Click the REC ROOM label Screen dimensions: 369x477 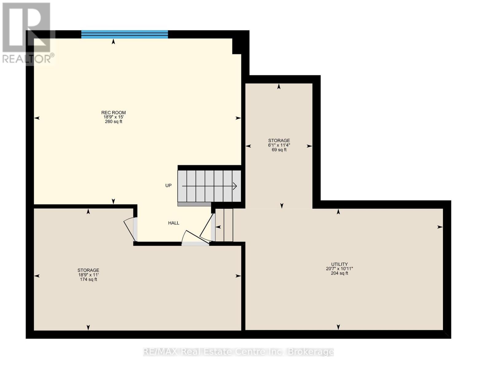[114, 113]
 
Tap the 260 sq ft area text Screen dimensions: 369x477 [114, 121]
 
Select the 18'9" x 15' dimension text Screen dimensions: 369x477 [114, 117]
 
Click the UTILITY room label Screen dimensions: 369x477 [339, 264]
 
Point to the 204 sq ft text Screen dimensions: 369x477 [339, 273]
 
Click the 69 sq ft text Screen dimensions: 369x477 [279, 150]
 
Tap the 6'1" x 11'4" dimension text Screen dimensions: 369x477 [279, 145]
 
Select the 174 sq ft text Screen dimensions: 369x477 [88, 280]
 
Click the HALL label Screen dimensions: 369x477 [174, 223]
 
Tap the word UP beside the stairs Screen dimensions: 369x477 [169, 185]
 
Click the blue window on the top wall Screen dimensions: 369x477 [125, 34]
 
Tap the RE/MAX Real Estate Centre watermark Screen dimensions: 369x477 [238, 351]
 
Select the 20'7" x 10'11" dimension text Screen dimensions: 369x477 [339, 268]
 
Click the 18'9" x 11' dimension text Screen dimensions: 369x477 [88, 275]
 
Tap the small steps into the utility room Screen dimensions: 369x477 [224, 225]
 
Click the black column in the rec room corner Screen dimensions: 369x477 [237, 46]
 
